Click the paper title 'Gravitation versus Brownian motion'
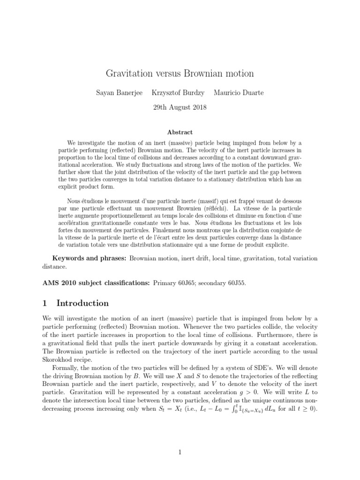(x=180, y=74)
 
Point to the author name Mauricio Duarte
(x=238, y=93)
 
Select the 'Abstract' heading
(x=180, y=133)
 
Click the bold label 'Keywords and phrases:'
(x=89, y=258)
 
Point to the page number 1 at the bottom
(x=180, y=452)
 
